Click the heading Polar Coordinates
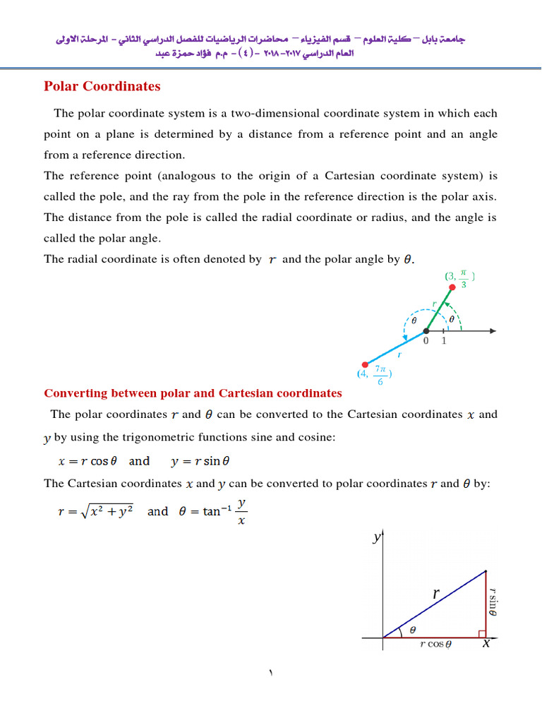pos(102,87)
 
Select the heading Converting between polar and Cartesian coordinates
pos(193,393)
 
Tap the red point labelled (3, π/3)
pos(452,287)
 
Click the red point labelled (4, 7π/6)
pos(363,365)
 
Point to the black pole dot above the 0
pos(426,330)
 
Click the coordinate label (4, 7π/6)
pos(375,374)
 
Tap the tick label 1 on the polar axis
pos(444,341)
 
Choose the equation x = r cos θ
pos(83,461)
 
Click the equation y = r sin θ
pos(201,461)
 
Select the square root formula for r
pos(95,511)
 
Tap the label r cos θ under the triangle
pos(435,645)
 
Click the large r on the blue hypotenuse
pos(437,594)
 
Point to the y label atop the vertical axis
pos(376,539)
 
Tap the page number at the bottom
pos(270,674)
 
